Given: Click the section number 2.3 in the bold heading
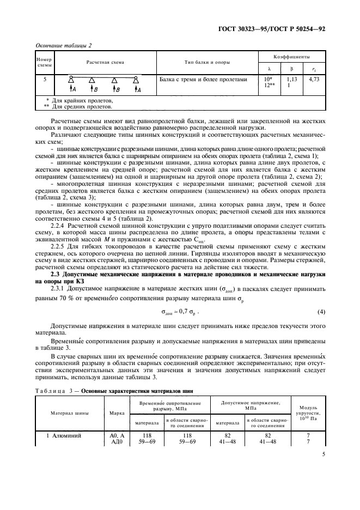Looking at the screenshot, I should pyautogui.click(x=55, y=274).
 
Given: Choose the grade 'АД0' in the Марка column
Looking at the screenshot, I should pyautogui.click(x=117, y=442).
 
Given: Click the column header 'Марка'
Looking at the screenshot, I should pyautogui.click(x=117, y=412).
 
